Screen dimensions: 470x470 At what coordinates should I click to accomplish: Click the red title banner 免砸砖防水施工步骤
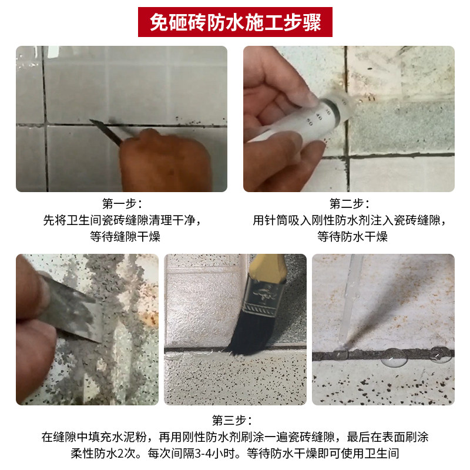point(235,22)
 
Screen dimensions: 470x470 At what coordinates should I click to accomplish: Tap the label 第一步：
point(122,203)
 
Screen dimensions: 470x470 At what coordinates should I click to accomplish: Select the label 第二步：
point(349,203)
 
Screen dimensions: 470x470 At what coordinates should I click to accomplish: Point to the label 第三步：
point(231,420)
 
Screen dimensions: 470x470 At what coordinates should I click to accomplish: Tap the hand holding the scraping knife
point(165,160)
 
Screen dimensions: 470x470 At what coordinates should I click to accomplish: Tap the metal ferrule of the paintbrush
point(264,296)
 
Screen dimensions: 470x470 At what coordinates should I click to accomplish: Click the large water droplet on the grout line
point(394,357)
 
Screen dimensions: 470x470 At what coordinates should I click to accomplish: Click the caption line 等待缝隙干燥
point(125,237)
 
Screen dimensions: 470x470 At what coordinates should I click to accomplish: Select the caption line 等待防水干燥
point(352,237)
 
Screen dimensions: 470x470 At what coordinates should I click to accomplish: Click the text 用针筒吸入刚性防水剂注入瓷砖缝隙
point(347,220)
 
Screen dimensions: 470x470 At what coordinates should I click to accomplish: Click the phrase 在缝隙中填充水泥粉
point(94,437)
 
